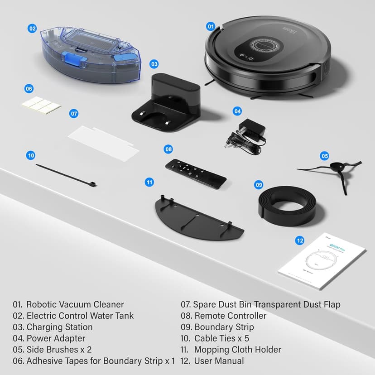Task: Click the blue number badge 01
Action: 211,27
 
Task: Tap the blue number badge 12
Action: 299,240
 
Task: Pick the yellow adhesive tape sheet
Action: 41,106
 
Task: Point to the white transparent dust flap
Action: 104,141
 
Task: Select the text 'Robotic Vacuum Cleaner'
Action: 75,304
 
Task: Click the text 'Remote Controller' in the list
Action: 230,316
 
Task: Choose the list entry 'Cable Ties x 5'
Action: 221,338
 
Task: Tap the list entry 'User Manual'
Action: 219,361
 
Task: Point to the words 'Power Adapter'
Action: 56,338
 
